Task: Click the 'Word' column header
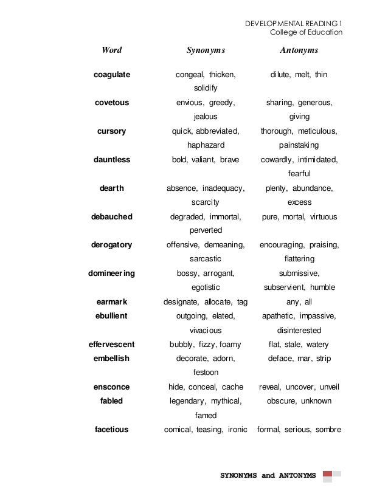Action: [111, 50]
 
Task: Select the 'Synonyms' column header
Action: [206, 50]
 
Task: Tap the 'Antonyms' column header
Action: [299, 50]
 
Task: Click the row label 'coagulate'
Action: [112, 75]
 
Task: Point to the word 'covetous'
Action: [112, 103]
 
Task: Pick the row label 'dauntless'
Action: [112, 160]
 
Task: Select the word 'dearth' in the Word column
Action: [112, 188]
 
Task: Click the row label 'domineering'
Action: [112, 273]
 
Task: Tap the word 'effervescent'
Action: [112, 345]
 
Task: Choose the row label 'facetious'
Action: [112, 430]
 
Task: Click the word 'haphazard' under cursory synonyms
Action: [206, 145]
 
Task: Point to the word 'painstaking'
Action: [299, 145]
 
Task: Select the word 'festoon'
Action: [206, 373]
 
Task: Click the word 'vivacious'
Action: [206, 331]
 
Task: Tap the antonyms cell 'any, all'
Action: [299, 302]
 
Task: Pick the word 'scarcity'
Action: [206, 202]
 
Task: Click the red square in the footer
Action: [327, 474]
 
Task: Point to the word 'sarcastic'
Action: [206, 259]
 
